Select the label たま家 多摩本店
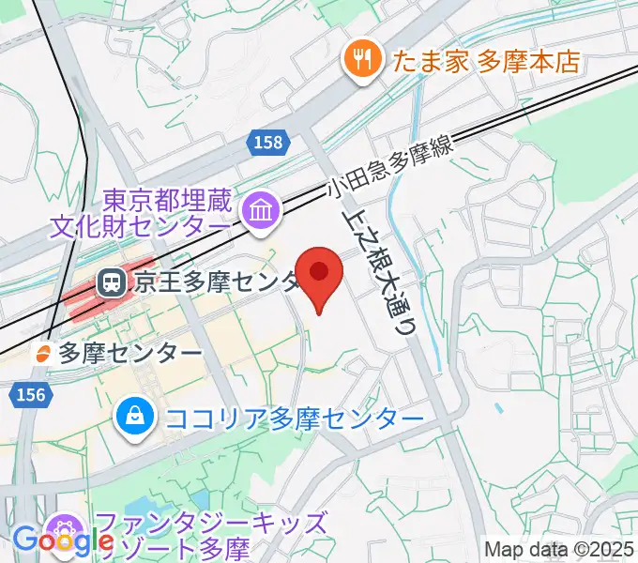486,62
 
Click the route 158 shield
266,143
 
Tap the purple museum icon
257,210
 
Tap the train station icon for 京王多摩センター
112,281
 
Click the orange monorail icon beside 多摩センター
42,354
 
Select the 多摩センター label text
130,354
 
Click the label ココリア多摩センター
294,417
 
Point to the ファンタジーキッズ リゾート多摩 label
206,536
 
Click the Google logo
61,541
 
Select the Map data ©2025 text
559,549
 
